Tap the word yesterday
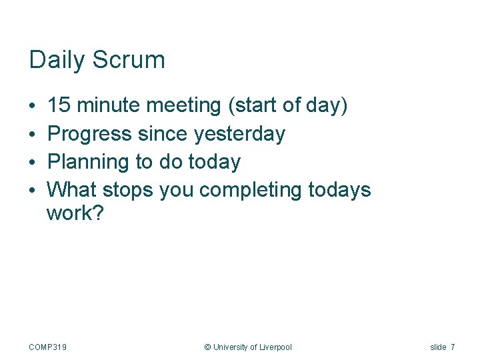coord(239,134)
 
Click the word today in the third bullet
coord(213,162)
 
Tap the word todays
coord(339,190)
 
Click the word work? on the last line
coord(75,215)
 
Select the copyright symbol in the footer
coord(207,347)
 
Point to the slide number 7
coord(453,347)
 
